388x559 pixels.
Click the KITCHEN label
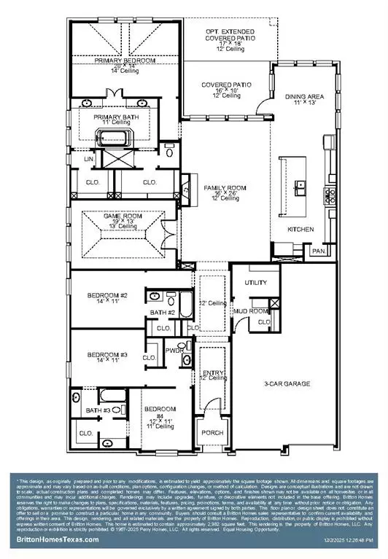(300, 230)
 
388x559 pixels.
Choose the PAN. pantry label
(319, 251)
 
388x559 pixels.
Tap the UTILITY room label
(255, 282)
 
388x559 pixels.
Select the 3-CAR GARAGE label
(287, 383)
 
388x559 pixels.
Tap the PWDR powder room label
(174, 350)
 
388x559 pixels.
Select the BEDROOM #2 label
(108, 295)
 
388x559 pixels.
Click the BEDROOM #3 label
(108, 355)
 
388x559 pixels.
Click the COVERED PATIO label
(227, 85)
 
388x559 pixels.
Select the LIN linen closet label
(90, 157)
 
